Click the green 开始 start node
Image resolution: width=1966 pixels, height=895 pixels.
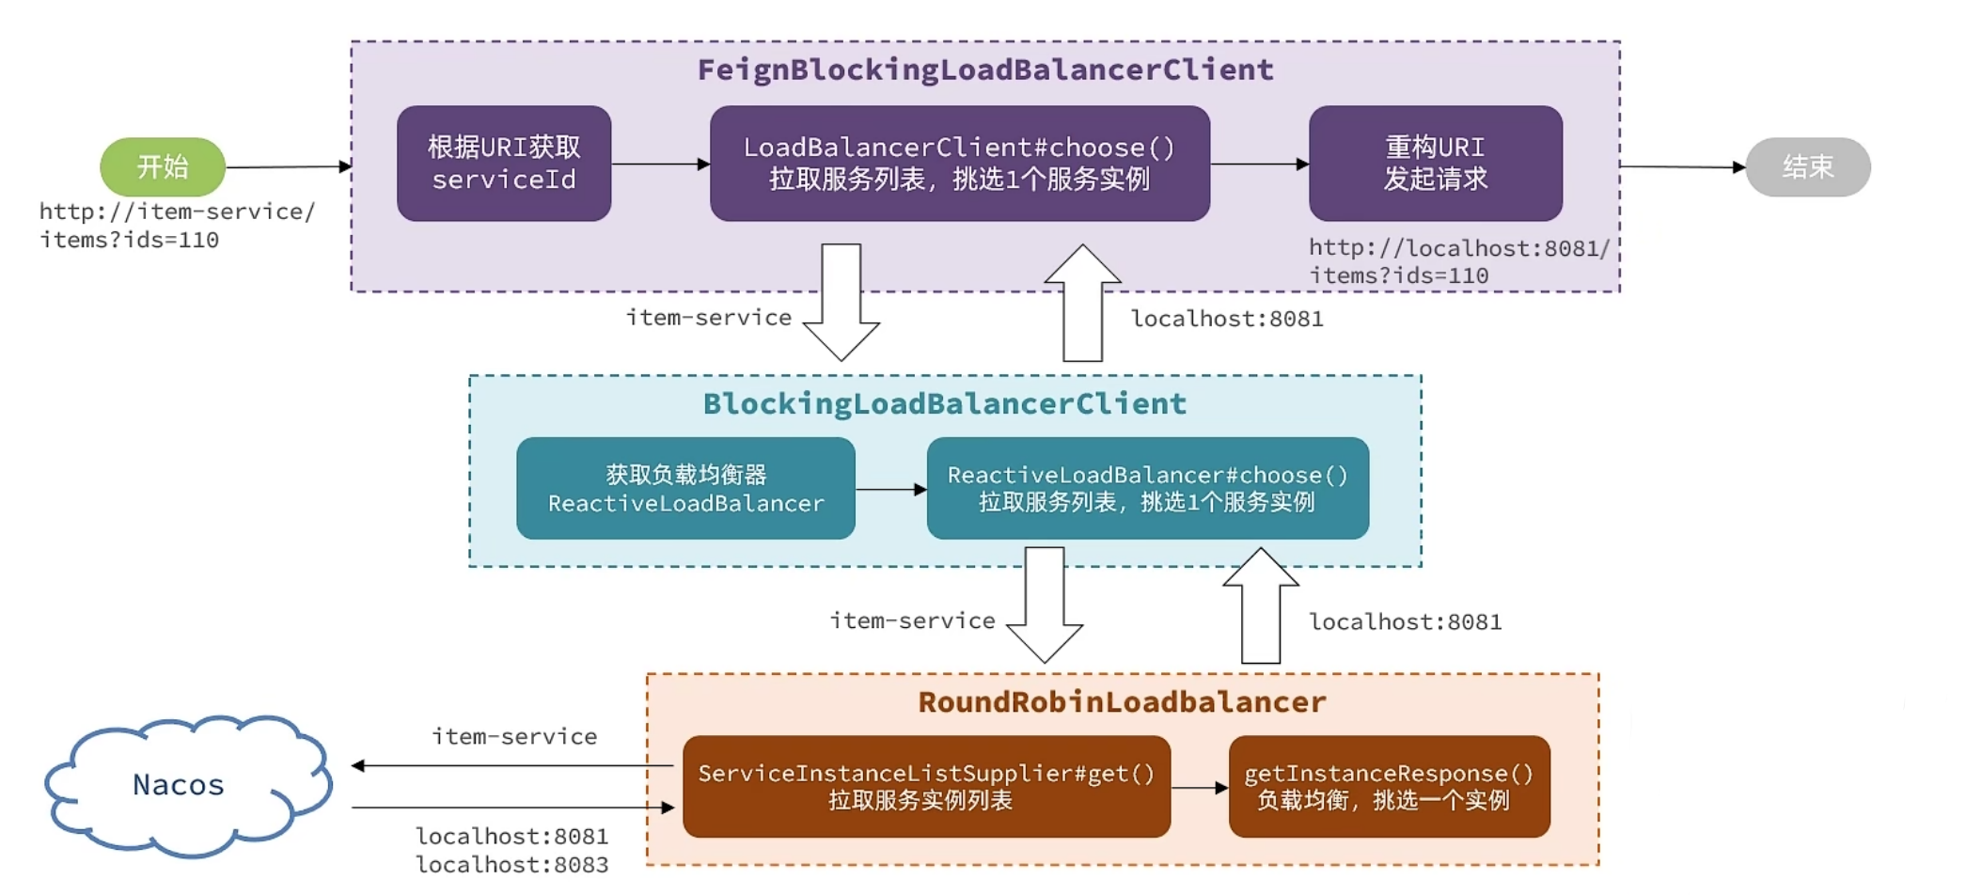coord(163,166)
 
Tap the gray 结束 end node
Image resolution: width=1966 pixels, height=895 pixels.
coord(1807,166)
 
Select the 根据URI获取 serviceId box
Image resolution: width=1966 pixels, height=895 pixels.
coord(504,164)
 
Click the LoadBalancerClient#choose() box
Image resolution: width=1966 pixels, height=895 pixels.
coord(959,164)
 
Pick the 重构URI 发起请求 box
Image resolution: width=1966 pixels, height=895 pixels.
coord(1435,164)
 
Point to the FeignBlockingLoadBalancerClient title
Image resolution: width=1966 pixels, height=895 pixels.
coord(985,70)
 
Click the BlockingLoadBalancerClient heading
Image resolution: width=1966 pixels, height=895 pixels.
coord(945,403)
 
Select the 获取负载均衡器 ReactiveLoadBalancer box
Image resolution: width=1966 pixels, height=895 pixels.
coord(685,488)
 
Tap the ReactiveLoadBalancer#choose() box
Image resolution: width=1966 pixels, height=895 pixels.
coord(1147,488)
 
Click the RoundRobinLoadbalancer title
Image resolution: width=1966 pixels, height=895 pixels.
coord(1122,701)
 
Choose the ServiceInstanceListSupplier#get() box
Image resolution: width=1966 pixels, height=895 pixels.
coord(926,786)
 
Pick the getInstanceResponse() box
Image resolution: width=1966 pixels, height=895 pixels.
coord(1389,786)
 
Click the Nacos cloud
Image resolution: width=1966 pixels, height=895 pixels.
coord(179,784)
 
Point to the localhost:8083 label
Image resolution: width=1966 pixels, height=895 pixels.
coord(512,864)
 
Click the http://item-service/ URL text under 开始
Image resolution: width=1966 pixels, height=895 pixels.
coord(177,212)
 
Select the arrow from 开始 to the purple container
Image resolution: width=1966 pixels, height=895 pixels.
coord(288,167)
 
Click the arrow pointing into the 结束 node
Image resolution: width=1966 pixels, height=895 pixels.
coord(1683,166)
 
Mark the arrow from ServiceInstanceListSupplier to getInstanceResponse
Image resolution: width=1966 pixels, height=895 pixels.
coord(1200,788)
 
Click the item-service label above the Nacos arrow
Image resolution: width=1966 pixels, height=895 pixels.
coord(514,736)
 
